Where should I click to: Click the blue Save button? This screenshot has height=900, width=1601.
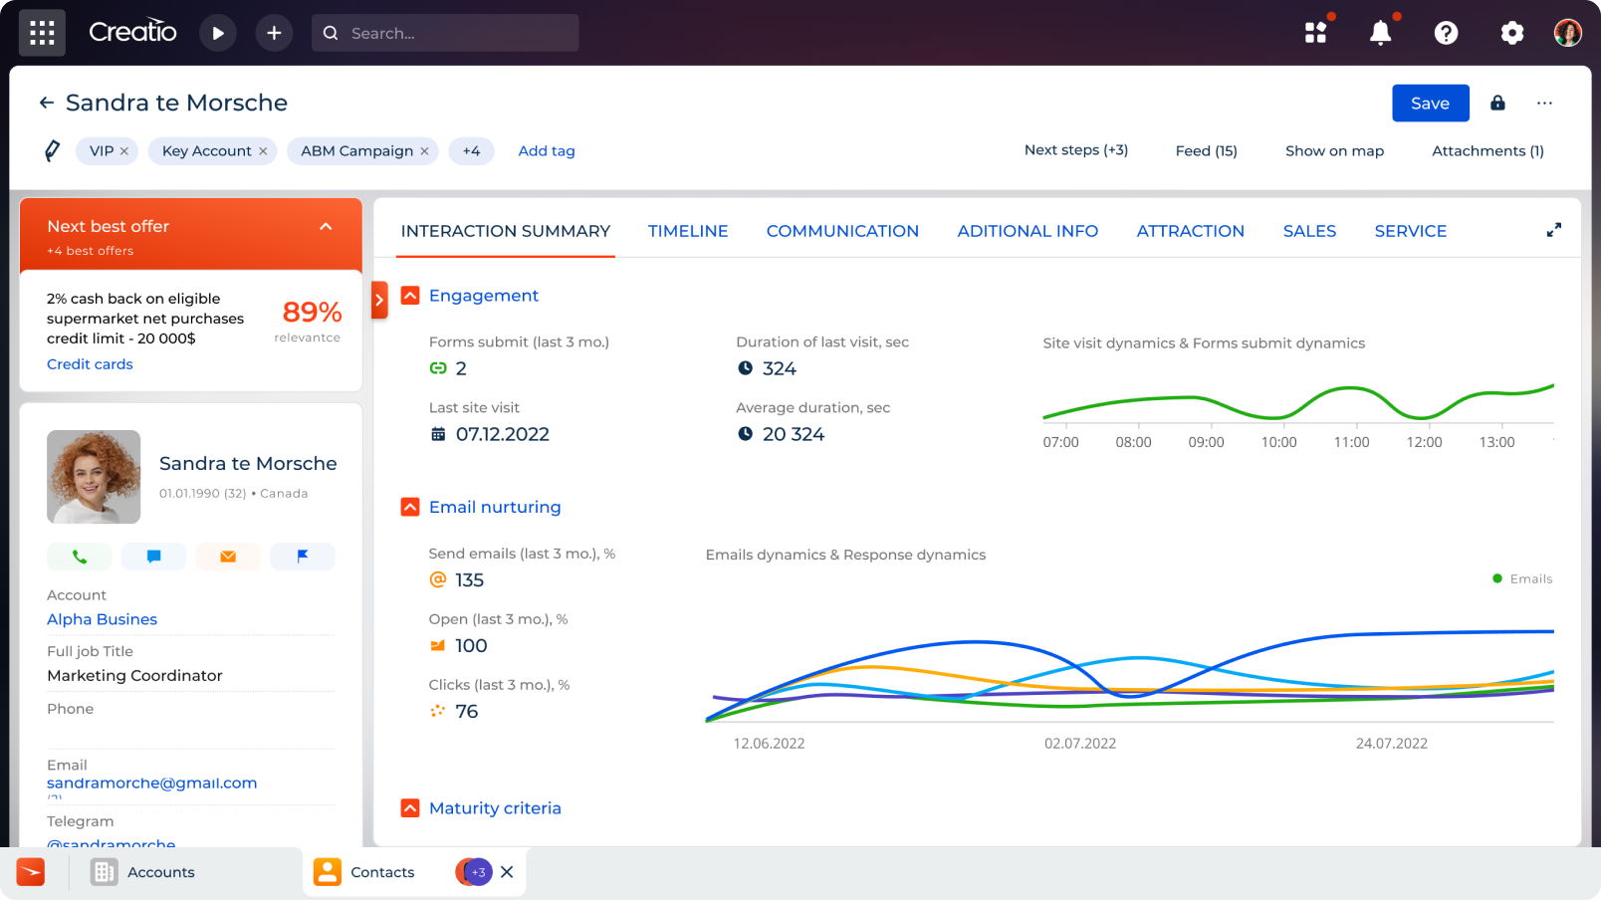(1430, 104)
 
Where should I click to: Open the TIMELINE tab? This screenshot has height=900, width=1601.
(688, 231)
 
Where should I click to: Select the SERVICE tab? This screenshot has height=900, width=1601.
(1410, 231)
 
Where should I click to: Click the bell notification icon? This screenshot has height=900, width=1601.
(1380, 33)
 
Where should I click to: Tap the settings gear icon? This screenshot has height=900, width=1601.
(1511, 33)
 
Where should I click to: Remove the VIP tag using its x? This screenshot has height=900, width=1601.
(124, 151)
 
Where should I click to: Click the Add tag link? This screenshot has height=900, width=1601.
(547, 151)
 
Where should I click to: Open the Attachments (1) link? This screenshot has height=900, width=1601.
(1487, 151)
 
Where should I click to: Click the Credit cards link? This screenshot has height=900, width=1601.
(90, 364)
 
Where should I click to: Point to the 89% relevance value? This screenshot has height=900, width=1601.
(312, 313)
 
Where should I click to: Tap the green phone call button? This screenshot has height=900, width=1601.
(79, 557)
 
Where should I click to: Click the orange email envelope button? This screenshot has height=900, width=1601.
(228, 557)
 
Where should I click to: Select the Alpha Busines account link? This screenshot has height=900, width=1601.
(102, 619)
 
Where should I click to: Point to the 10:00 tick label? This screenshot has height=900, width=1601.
(1278, 442)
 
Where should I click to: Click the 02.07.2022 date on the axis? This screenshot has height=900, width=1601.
(1079, 744)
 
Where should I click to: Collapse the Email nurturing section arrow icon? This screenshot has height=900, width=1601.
(410, 507)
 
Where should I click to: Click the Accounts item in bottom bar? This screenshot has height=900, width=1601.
(160, 872)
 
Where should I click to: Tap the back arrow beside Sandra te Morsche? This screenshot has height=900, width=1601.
(47, 103)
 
